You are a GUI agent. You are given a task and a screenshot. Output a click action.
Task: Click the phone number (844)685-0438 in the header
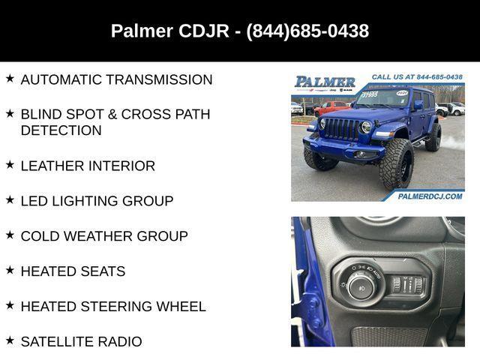(x=307, y=31)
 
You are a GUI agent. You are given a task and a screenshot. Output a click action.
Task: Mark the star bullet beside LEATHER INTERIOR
(x=10, y=164)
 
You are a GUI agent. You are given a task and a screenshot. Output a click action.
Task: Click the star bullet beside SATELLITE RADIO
(x=10, y=340)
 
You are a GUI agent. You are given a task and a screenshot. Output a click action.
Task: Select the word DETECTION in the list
(x=61, y=130)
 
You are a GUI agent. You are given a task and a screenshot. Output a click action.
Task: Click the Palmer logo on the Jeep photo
(x=325, y=82)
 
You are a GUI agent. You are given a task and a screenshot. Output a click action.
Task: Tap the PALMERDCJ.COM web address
(x=430, y=196)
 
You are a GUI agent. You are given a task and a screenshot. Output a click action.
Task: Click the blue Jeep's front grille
(x=343, y=129)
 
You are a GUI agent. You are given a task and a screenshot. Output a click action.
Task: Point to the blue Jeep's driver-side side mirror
(x=418, y=106)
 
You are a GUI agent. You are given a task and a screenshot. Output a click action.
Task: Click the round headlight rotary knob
(x=361, y=286)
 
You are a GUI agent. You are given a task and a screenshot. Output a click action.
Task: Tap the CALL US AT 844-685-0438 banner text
(x=416, y=77)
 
